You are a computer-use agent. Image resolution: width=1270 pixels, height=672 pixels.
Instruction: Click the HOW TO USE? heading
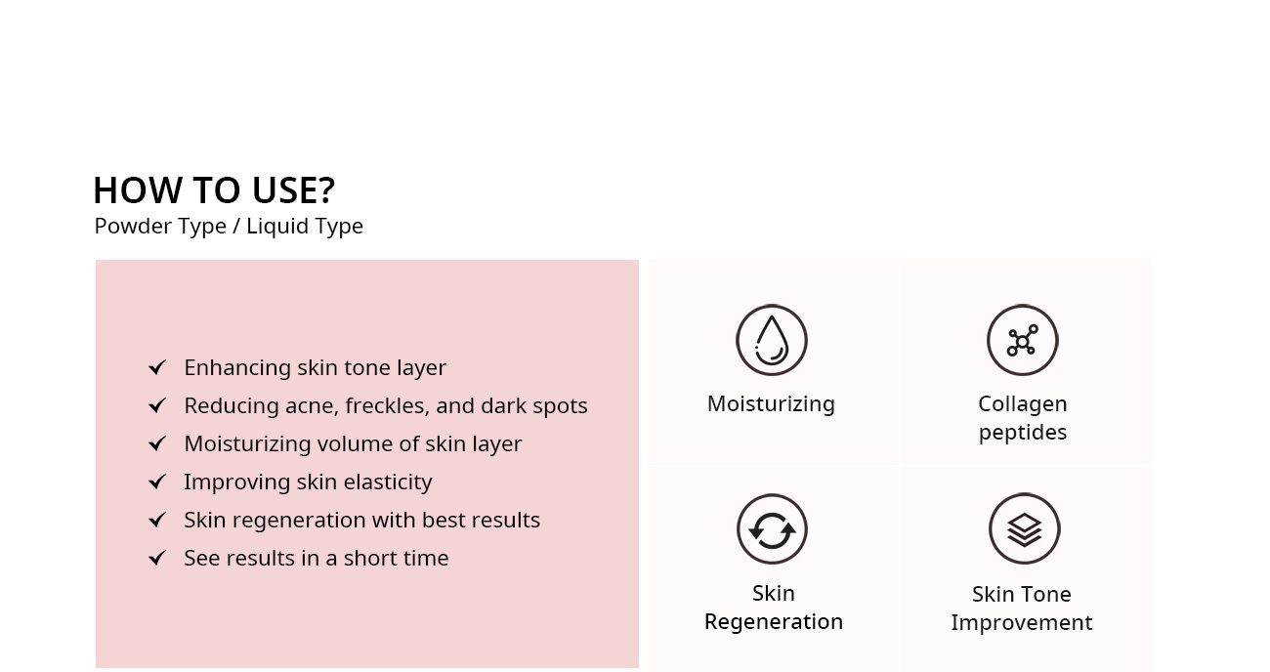[214, 189]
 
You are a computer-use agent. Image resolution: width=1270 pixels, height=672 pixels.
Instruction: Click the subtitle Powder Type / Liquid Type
[229, 227]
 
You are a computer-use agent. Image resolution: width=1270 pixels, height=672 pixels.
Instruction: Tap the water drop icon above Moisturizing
[771, 340]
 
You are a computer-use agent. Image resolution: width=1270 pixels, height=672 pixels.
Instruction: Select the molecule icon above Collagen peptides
[1022, 340]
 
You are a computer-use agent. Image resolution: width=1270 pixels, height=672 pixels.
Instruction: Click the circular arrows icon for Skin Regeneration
[772, 529]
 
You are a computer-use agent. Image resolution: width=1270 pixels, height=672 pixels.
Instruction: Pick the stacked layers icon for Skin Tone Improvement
[1024, 529]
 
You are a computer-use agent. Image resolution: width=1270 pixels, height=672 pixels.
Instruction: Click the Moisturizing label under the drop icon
[771, 404]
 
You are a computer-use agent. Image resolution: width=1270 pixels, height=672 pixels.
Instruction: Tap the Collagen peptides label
[1022, 418]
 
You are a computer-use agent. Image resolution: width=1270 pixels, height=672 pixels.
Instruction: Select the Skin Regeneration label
[774, 608]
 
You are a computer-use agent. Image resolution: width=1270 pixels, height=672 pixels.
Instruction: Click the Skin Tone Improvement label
[1022, 609]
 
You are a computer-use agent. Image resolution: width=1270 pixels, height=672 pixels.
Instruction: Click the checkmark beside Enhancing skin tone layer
[157, 367]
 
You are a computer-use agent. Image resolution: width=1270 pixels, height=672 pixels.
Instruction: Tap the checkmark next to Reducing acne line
[157, 405]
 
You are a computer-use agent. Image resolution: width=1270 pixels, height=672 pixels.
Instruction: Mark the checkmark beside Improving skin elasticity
[157, 483]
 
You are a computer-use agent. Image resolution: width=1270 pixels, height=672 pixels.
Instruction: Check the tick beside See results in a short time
[157, 558]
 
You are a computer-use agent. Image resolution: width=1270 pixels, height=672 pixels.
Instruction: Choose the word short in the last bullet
[369, 558]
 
